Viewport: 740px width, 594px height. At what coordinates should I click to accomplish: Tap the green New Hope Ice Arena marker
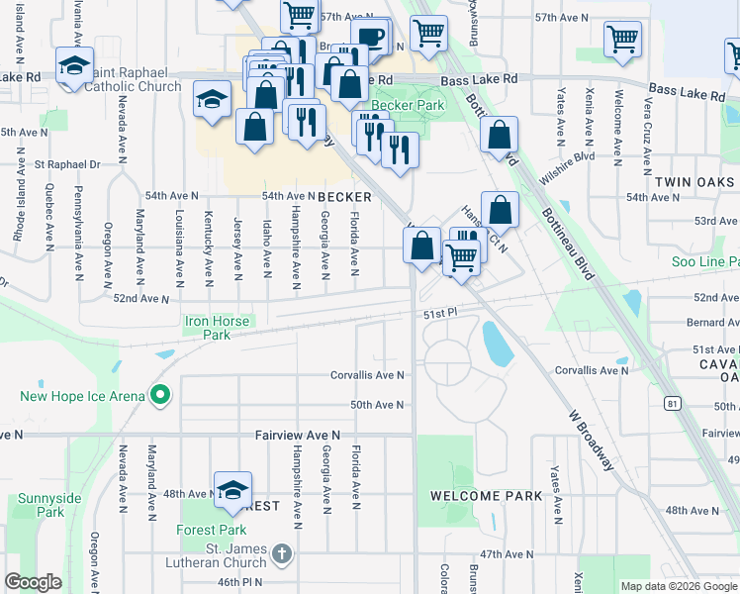click(x=160, y=396)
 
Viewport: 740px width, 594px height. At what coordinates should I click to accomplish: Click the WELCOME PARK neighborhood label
click(x=486, y=495)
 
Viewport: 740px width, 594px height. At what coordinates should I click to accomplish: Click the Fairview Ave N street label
click(x=297, y=435)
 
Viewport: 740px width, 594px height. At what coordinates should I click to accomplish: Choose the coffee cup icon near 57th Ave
click(x=371, y=36)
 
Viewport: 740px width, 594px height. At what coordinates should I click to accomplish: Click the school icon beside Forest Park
click(x=232, y=489)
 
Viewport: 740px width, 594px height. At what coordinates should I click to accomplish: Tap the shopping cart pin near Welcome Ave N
click(x=621, y=40)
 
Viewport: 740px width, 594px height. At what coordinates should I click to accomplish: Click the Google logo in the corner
click(x=33, y=582)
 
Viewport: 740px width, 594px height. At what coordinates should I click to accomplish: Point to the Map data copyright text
click(x=679, y=586)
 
